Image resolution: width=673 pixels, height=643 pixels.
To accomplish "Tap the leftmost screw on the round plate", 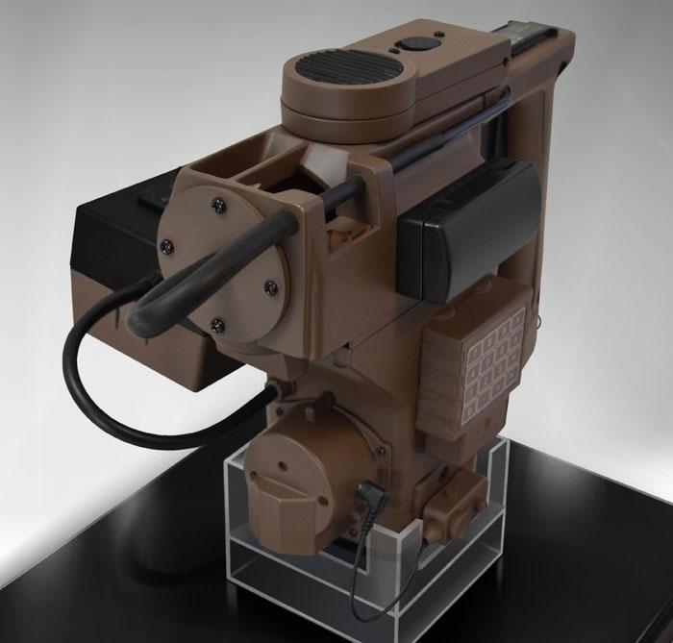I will click(x=169, y=244).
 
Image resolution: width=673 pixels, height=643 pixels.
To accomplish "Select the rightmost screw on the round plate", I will click(x=271, y=285).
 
